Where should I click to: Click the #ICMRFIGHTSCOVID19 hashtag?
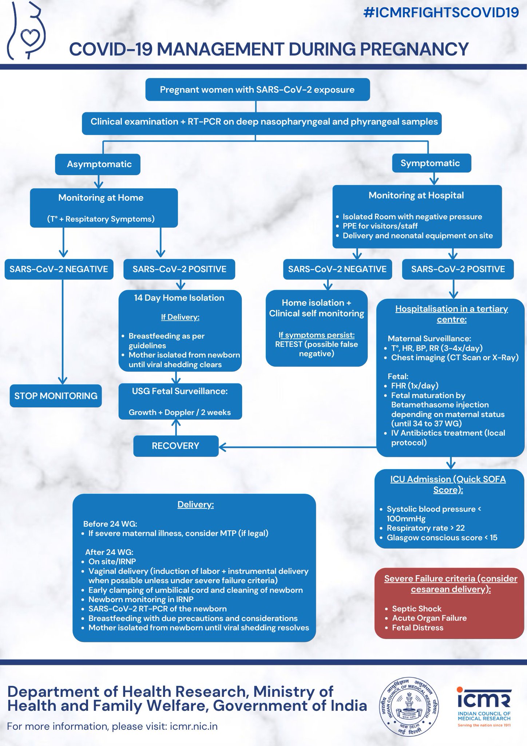(441, 13)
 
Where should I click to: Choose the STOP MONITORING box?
(56, 396)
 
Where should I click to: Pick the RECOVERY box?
(175, 446)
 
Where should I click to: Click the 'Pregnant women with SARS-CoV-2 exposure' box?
(257, 90)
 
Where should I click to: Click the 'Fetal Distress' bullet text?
(417, 628)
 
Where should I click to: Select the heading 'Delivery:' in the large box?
(195, 504)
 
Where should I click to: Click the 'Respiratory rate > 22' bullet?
(425, 528)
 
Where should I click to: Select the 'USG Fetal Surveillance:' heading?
(180, 391)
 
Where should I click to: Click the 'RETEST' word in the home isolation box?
(289, 345)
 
